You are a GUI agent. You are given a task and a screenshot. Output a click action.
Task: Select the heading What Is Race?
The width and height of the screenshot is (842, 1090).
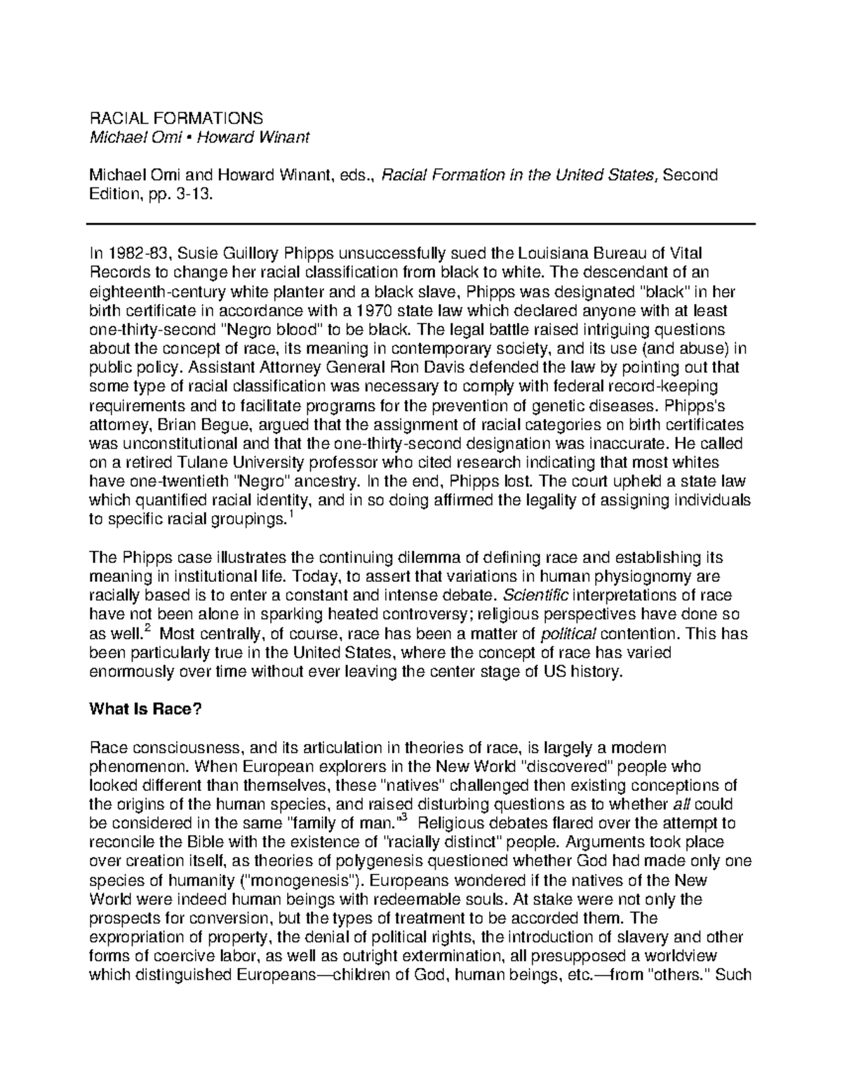coord(145,709)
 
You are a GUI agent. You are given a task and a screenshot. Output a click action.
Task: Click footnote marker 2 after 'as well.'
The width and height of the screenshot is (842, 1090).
coord(146,630)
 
